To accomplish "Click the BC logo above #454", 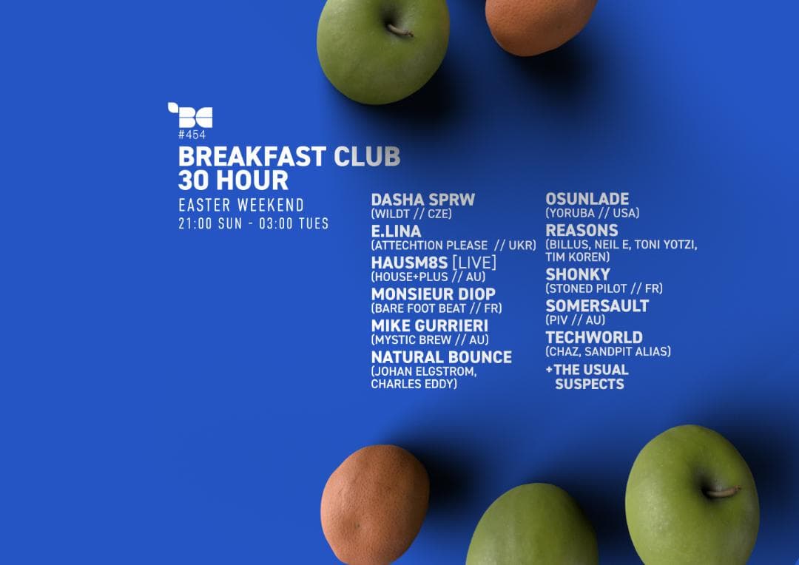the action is coord(191,115).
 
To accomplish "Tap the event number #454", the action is coord(192,135).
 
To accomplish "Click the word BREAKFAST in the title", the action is coord(252,156).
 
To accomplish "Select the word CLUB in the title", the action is coord(367,156).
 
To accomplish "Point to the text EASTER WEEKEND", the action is coord(241,206).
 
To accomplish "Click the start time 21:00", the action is coord(195,223).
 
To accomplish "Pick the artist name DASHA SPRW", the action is coord(423,200).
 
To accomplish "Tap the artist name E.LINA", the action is coord(396,231).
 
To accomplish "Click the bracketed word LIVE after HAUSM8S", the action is coord(474,263).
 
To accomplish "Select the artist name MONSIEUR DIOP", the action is coord(433,294).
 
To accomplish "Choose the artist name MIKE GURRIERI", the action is coord(430,326).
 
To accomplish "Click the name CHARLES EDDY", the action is coord(414,384).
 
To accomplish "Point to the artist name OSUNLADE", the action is coord(587,199).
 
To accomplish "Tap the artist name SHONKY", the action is coord(578,274).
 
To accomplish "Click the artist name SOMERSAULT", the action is coord(597,306).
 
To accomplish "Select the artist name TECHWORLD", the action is coord(594,338).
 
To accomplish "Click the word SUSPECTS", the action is coord(590,384).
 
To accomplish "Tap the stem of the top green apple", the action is coord(399,31).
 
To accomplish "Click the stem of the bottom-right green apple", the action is coord(722,492).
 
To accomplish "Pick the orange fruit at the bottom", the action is coord(375,504).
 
